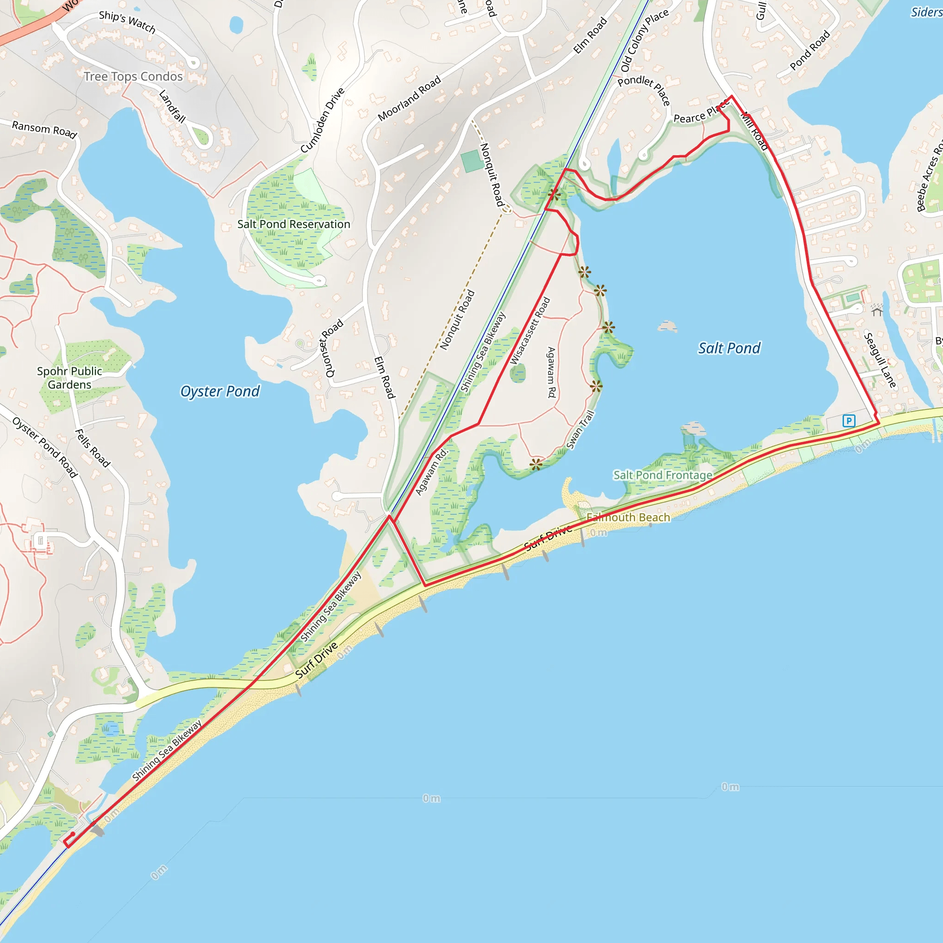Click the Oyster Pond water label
coord(220,391)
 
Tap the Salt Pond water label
coord(729,348)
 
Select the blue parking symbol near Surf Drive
coord(849,420)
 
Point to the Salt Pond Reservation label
coord(293,224)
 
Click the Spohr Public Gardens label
coord(70,378)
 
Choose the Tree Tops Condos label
coord(133,76)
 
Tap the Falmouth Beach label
coord(628,518)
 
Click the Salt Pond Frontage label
coord(662,475)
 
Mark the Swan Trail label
coord(580,430)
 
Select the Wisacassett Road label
coord(530,331)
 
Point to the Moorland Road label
coord(409,98)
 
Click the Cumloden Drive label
coord(322,120)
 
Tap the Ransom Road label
coord(44,129)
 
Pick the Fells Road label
coord(92,448)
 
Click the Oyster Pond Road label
coord(45,447)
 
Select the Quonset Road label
coord(334,349)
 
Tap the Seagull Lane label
coord(880,360)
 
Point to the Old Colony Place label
coord(644,41)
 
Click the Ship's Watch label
coord(127,22)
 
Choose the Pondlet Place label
coord(644,90)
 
